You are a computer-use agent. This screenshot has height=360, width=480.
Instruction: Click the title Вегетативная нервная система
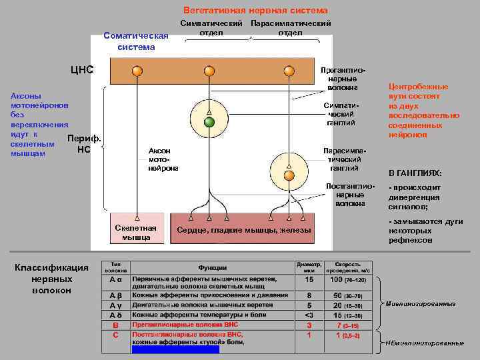pos(256,11)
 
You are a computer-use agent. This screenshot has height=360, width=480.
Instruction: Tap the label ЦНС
pos(83,69)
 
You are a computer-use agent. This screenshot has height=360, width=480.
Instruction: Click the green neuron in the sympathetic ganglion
pos(209,122)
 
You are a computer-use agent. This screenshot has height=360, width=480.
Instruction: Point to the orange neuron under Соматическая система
pos(137,71)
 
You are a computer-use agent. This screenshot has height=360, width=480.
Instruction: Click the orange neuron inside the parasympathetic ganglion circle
pos(289,175)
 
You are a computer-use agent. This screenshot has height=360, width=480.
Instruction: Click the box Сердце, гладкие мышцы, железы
pos(243,230)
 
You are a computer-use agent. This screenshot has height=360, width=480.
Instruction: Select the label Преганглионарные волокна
pos(342,79)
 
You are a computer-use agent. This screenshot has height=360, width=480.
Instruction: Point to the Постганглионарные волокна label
pos(345,194)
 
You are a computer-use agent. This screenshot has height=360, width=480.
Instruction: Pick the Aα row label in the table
pos(115,281)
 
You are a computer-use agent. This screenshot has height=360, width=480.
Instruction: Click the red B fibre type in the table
pos(115,325)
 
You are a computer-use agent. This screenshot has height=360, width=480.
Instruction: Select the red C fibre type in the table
pos(115,335)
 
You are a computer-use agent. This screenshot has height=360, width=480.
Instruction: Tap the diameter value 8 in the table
pos(309,295)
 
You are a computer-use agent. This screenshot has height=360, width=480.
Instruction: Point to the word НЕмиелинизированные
pos(425,343)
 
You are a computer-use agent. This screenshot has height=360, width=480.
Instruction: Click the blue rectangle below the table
pos(175,349)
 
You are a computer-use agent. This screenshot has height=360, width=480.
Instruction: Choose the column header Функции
pos(211,267)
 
